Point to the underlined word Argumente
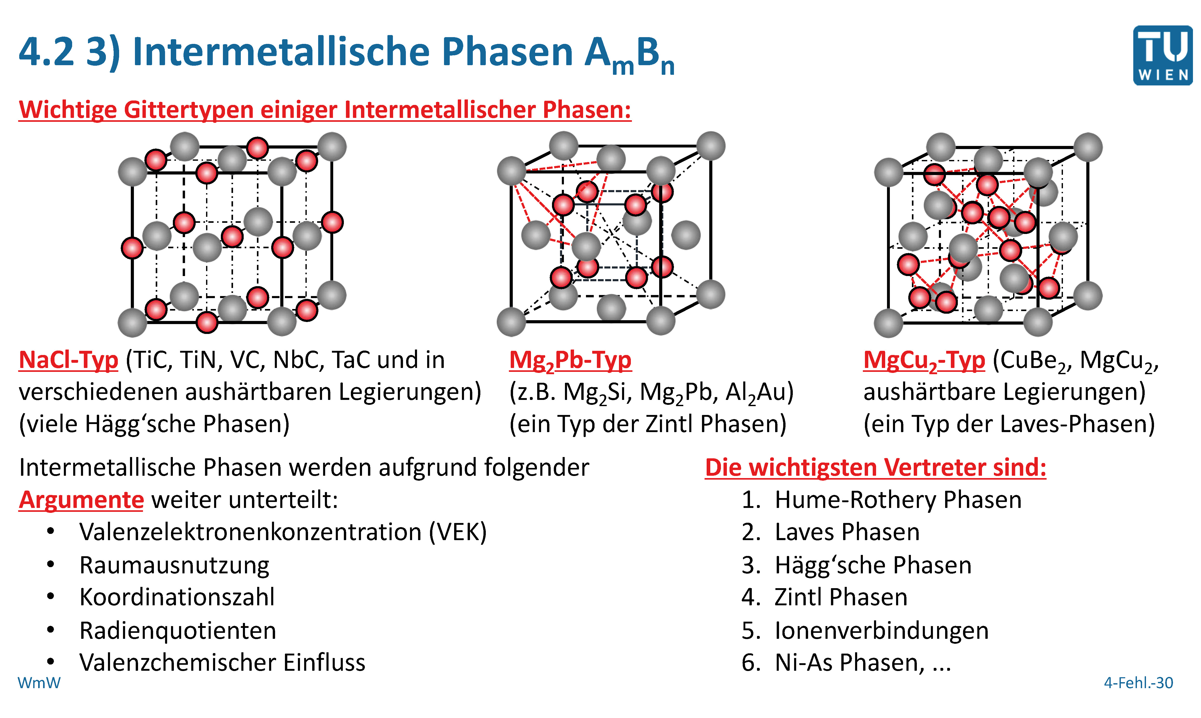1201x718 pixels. [81, 500]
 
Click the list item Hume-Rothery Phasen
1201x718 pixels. [898, 500]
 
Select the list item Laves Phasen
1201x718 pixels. [847, 532]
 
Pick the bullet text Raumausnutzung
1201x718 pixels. [174, 565]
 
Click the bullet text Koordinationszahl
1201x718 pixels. [177, 597]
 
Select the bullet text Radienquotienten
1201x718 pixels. [178, 630]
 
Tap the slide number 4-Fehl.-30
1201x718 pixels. [1138, 683]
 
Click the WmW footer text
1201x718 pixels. [39, 683]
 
